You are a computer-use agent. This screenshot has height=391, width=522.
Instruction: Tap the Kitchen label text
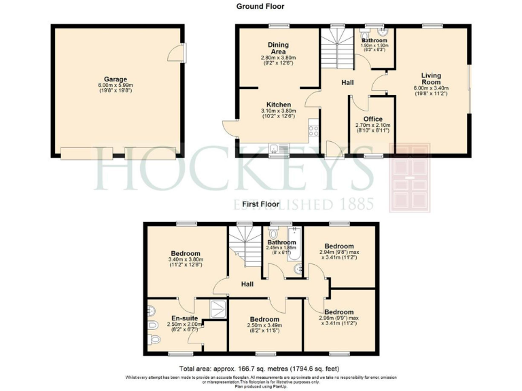(279, 105)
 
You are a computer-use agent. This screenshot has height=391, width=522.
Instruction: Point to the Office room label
(373, 119)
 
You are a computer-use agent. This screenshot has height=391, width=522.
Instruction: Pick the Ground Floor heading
(260, 6)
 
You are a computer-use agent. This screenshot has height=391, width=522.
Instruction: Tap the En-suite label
(184, 318)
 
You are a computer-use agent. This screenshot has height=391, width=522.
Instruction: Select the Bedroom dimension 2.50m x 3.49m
(264, 327)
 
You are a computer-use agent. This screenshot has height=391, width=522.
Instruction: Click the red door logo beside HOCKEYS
(410, 178)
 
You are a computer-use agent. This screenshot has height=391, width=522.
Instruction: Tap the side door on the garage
(178, 52)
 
